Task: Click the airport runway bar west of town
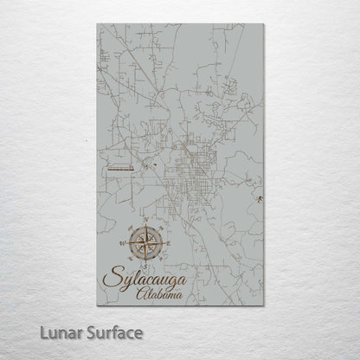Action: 118,170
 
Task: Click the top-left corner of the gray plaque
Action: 97,24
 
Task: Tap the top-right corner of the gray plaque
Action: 263,24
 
